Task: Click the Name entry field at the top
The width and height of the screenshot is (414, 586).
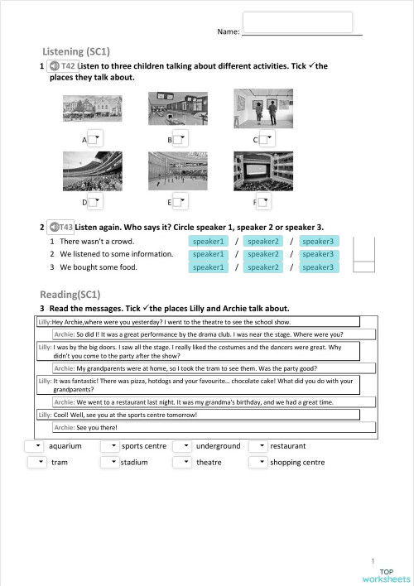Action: [298, 22]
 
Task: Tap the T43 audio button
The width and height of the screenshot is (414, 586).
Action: [60, 226]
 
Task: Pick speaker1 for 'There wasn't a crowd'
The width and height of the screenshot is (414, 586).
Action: [209, 241]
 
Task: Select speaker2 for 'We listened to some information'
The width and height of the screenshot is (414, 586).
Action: [263, 254]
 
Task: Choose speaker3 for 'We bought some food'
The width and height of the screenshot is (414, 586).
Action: [317, 267]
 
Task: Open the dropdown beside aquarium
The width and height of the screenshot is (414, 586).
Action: [36, 446]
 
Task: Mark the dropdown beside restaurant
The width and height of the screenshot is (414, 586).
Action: [258, 446]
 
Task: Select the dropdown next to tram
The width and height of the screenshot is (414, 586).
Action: [37, 462]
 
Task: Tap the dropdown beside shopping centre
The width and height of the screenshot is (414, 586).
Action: [258, 462]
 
